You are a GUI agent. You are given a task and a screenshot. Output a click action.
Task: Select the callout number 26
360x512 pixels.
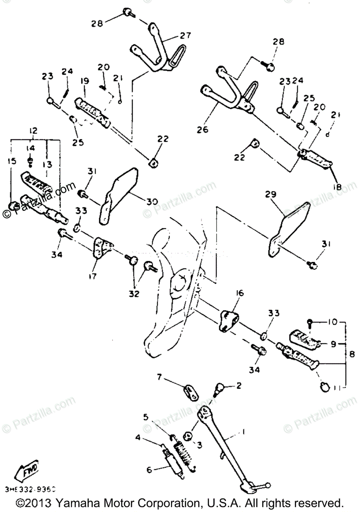point(202,129)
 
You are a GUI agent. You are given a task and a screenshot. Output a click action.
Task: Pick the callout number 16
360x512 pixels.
point(239,293)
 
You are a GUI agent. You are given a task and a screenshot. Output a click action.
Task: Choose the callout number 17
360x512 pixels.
point(92,276)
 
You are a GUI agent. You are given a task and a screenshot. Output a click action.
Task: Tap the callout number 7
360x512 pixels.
point(159,377)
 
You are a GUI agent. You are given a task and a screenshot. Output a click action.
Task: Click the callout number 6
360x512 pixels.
point(149,470)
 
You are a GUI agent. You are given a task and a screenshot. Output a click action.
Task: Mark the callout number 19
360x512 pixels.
point(84,81)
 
